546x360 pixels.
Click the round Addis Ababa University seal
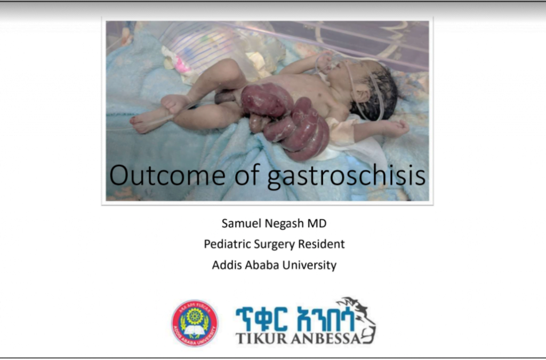(195, 323)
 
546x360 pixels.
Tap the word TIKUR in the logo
(261, 338)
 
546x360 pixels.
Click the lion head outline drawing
(358, 317)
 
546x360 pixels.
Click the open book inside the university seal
(195, 330)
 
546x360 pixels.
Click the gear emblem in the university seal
(195, 316)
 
